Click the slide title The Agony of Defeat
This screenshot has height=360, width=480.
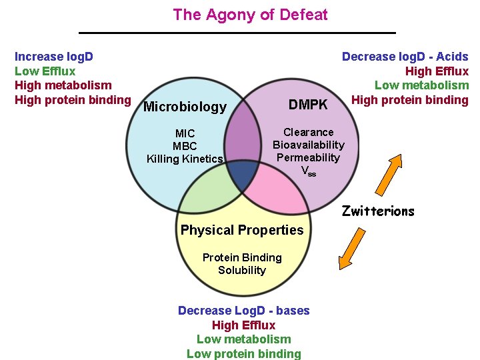tap(250, 15)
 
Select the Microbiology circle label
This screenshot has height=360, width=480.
tap(185, 107)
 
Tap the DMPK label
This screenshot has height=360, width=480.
tap(308, 104)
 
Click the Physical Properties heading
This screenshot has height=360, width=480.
tap(242, 230)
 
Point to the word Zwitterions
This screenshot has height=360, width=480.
tap(378, 211)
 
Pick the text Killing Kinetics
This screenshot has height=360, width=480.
tap(185, 159)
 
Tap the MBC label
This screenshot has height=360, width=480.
tap(185, 146)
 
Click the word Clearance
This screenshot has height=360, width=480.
tap(308, 132)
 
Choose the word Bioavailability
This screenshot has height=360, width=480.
tap(308, 145)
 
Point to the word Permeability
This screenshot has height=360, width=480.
tap(308, 157)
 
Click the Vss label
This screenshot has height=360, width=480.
tap(308, 171)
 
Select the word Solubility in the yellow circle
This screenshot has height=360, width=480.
tap(242, 270)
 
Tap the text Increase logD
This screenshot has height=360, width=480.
tap(53, 57)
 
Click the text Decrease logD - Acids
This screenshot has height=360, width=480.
tap(405, 57)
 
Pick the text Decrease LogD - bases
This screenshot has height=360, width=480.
tap(243, 311)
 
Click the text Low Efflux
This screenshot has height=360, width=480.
tap(45, 71)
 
